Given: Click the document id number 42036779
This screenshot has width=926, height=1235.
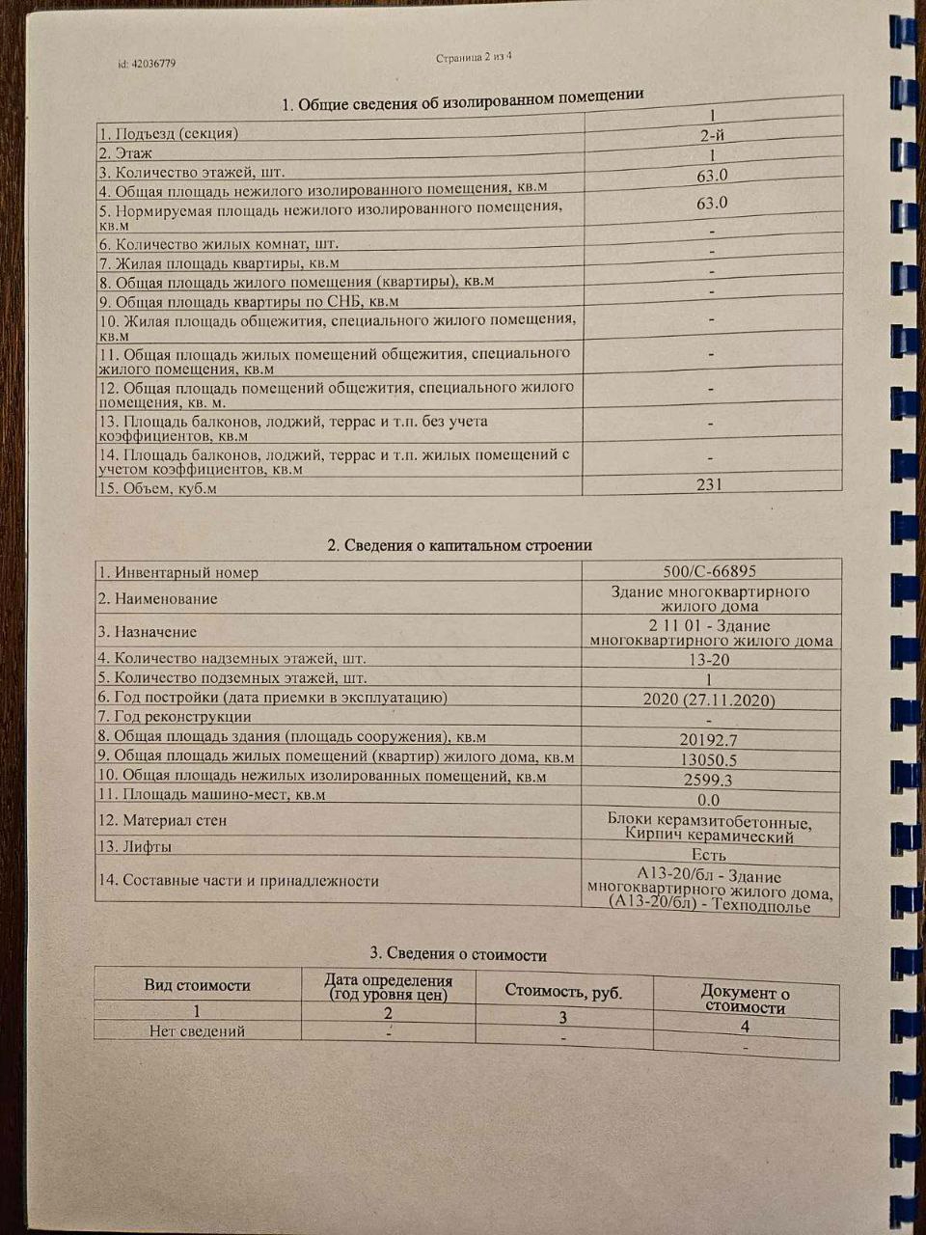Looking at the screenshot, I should (147, 64).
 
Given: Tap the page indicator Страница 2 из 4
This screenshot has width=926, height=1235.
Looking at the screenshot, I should (474, 57).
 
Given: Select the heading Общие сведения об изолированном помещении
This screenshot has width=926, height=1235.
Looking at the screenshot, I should (462, 100).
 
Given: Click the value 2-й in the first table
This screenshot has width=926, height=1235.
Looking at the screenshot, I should (713, 136).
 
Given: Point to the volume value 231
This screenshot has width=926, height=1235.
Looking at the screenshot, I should (709, 484).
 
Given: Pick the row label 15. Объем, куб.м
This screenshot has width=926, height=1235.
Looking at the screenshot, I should (157, 488).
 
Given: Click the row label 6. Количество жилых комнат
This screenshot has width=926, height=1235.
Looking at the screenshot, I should (219, 244).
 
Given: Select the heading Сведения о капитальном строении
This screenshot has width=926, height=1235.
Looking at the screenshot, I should (459, 545).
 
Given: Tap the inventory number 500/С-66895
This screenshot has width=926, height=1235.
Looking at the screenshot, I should (710, 571).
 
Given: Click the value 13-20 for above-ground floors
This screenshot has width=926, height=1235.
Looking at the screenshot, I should (709, 660).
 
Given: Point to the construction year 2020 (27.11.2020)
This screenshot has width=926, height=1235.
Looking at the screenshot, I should (709, 700).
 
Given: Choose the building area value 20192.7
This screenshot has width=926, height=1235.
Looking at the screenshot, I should (709, 740).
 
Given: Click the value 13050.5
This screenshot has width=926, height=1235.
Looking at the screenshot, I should (709, 760).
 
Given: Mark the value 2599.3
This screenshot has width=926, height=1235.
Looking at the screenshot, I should (709, 780).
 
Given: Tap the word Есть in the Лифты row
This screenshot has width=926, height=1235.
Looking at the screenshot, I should (709, 855).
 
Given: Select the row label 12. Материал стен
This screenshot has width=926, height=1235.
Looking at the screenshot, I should (162, 820).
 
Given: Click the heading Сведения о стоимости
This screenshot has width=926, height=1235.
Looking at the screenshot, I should (466, 955).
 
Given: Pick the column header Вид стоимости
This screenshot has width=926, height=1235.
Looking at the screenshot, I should (198, 985).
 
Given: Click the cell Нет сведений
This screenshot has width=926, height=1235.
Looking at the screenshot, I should (197, 1030).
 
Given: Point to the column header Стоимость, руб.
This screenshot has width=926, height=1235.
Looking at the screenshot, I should (563, 992).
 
